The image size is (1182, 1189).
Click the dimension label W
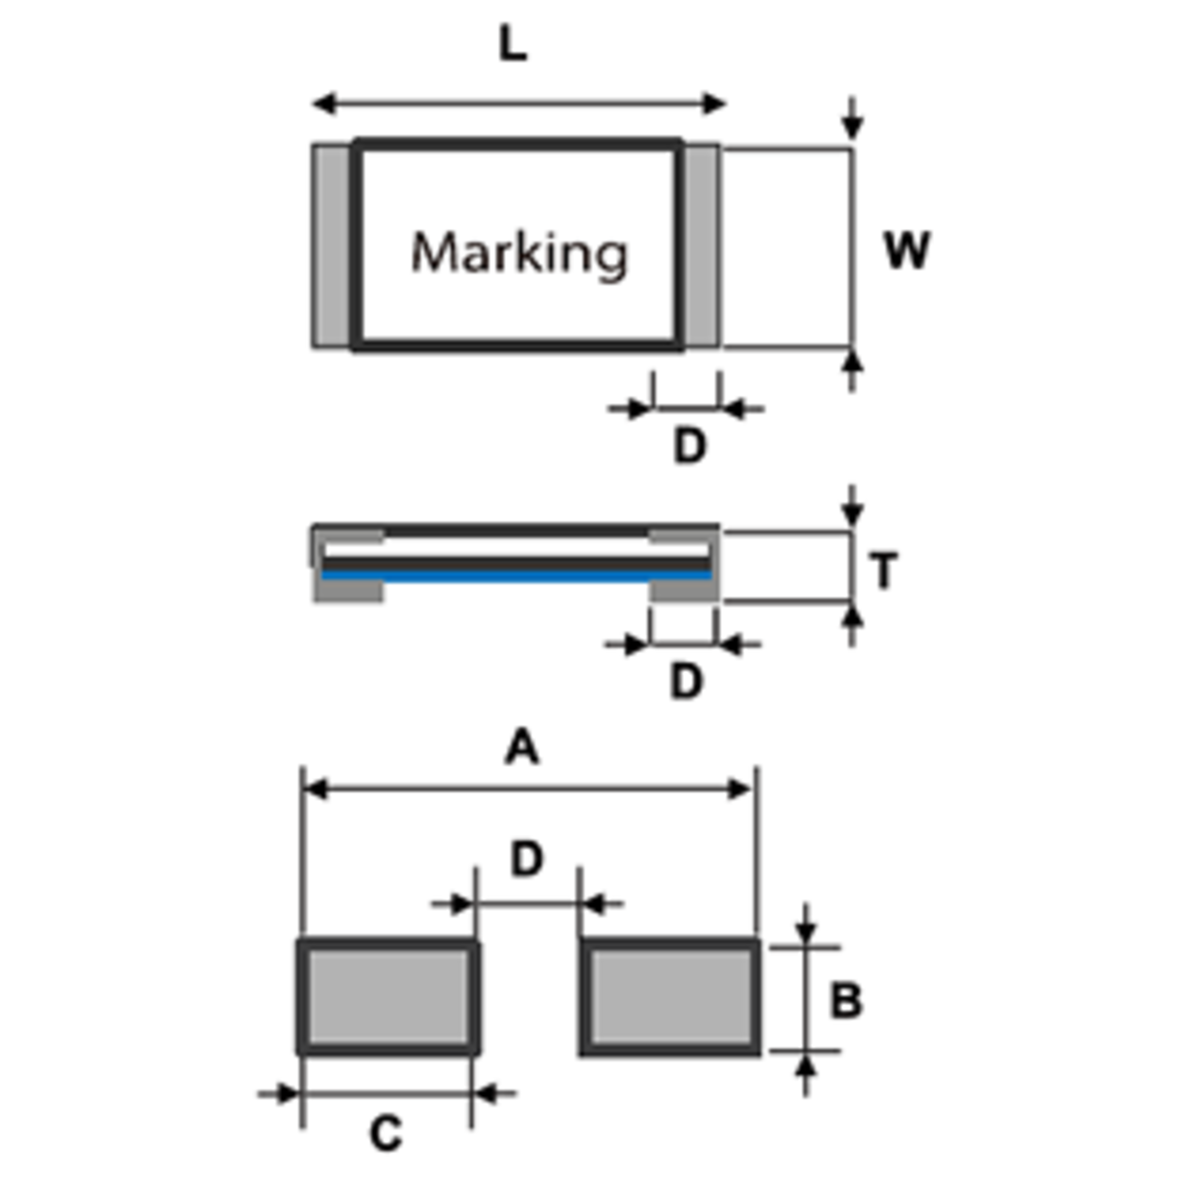[x=907, y=251]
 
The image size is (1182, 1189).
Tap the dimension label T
[x=884, y=571]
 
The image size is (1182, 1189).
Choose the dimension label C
[x=386, y=1134]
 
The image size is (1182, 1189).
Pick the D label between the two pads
[x=527, y=859]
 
